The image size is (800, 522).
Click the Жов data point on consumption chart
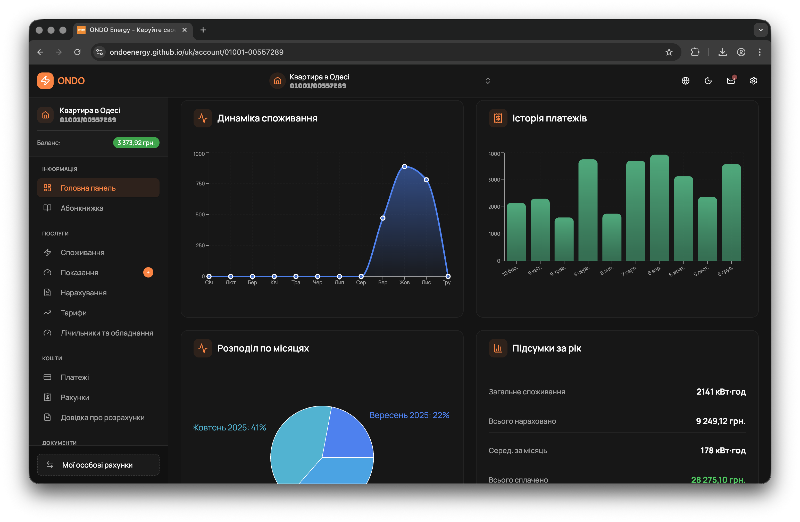[x=404, y=167]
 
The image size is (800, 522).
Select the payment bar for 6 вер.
[x=659, y=209]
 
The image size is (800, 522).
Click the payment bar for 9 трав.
[x=564, y=240]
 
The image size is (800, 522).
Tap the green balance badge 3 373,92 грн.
[x=136, y=143]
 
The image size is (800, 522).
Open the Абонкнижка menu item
[x=82, y=208]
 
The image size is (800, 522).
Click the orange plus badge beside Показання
[x=148, y=272]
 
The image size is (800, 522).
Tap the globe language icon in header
[x=685, y=81]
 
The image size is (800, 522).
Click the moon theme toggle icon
[x=708, y=81]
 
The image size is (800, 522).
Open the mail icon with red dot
[x=730, y=81]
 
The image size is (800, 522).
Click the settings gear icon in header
[x=753, y=81]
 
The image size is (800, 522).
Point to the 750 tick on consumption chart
[x=200, y=184]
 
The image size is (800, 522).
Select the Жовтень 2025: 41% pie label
[x=230, y=428]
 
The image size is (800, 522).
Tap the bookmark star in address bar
[x=669, y=52]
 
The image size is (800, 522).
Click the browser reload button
[x=77, y=52]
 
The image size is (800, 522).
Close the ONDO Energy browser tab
[x=184, y=30]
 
